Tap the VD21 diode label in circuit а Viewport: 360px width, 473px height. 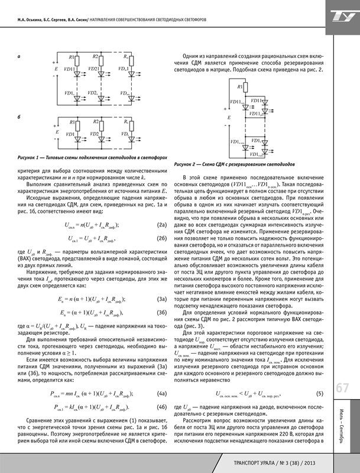point(93,70)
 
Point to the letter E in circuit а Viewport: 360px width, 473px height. point(56,69)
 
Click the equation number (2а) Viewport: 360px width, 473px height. point(160,224)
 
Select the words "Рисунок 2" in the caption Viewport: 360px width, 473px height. point(189,166)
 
